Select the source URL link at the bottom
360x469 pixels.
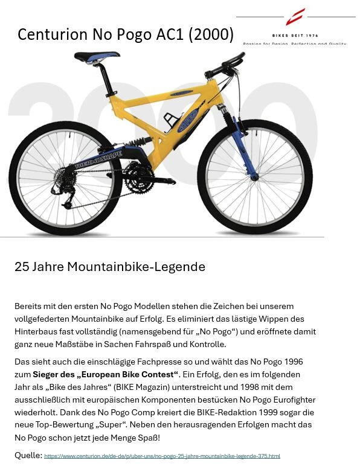(x=162, y=456)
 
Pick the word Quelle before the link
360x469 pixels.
(x=28, y=455)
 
